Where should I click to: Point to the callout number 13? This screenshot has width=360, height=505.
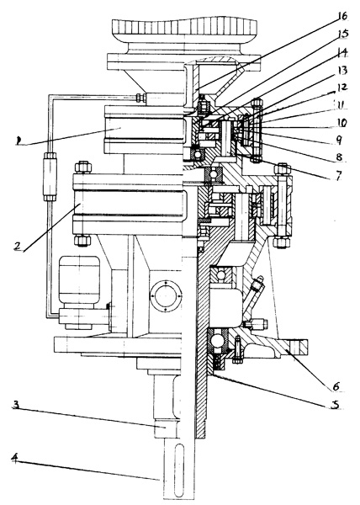[x=341, y=70]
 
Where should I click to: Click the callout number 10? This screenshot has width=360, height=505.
[x=341, y=122]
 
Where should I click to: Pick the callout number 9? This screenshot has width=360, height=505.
[x=338, y=140]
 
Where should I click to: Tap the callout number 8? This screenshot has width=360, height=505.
[x=339, y=157]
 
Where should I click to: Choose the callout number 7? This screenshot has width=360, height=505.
[x=339, y=176]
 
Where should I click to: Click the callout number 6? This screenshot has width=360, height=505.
[x=336, y=385]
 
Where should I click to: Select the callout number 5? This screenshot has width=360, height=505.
[x=336, y=404]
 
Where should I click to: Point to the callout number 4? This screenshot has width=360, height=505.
[x=15, y=458]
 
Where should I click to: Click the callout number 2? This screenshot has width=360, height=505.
[x=18, y=246]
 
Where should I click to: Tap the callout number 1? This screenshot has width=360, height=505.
[x=19, y=140]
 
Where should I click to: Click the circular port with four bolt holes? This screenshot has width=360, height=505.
[x=166, y=295]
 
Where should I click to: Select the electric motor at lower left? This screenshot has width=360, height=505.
[x=79, y=292]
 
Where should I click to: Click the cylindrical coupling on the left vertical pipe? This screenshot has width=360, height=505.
[x=50, y=177]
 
